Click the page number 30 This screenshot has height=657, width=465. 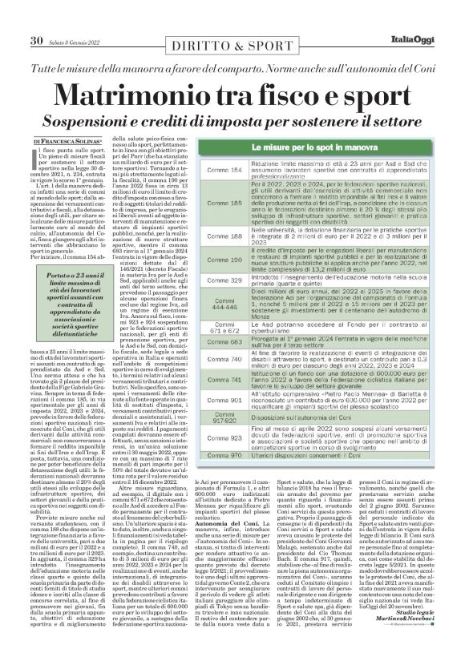point(36,18)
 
